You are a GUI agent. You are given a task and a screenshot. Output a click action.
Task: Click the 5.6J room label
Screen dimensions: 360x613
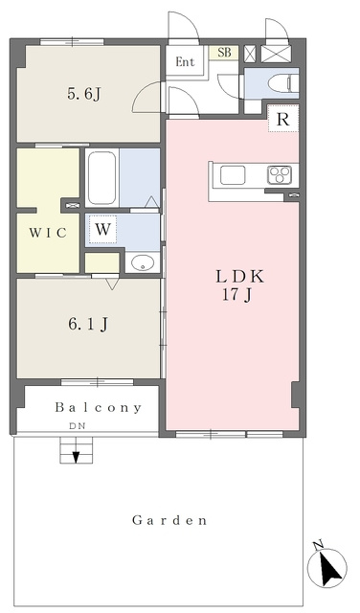pos(84,94)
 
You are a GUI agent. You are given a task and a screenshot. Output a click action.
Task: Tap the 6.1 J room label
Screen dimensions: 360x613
pos(88,324)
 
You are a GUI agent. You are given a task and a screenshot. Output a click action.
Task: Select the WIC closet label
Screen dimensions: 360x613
pos(48,233)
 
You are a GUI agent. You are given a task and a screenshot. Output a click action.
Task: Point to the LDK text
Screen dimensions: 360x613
pos(240,277)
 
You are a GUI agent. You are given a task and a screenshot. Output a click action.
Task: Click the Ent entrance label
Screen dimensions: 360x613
pos(185,61)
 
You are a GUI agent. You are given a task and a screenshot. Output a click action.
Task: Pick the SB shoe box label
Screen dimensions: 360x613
pos(224,53)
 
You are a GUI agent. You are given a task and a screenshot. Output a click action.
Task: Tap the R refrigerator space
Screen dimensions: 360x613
pos(283,119)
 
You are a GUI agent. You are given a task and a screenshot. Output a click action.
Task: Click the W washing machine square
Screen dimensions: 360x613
pos(102,230)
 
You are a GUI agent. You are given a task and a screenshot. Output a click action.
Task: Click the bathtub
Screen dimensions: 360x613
pos(101,178)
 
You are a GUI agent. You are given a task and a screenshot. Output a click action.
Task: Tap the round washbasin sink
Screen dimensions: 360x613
pos(142,262)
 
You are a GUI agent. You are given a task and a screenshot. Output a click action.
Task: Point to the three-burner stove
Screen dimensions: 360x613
pos(280,174)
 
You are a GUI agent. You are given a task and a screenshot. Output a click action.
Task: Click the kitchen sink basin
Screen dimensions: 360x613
pos(233,174)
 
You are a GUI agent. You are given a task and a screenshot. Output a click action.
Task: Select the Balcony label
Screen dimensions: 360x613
pos(98,408)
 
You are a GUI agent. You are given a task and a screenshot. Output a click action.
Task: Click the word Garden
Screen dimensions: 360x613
pos(169,520)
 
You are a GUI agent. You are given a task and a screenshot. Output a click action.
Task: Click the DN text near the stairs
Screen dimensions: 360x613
pos(77,426)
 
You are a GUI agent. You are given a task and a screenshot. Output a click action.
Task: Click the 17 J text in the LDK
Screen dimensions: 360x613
pos(236,295)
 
